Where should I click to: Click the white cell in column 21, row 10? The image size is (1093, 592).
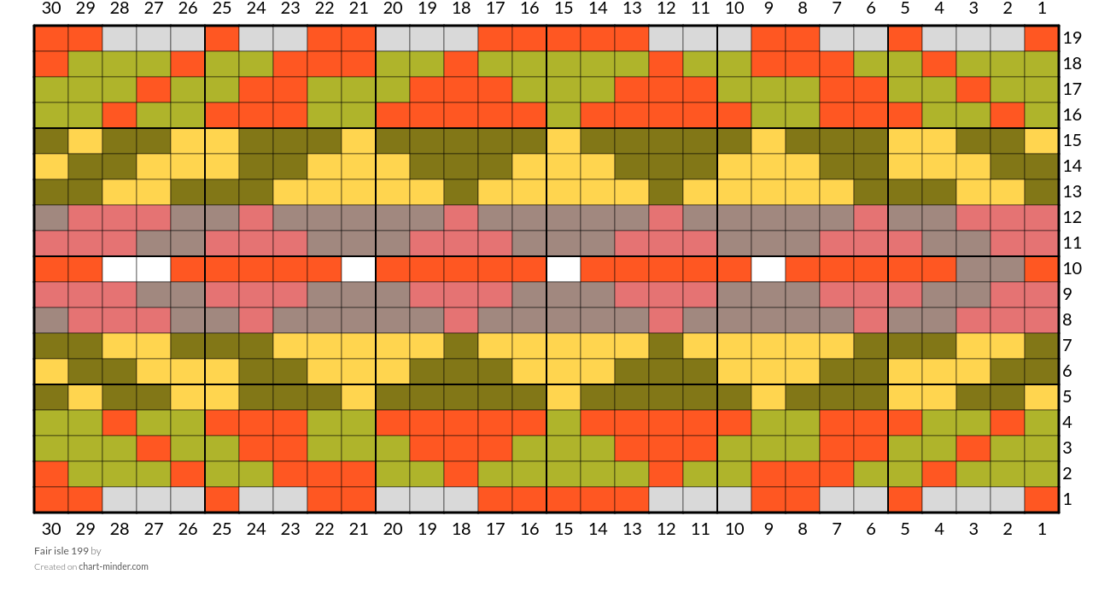click(x=359, y=269)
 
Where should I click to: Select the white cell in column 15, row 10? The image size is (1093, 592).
click(x=564, y=269)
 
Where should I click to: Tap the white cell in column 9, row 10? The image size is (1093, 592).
click(x=769, y=269)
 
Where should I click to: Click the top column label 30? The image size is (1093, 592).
click(x=51, y=9)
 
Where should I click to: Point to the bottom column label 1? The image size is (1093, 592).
click(x=1042, y=529)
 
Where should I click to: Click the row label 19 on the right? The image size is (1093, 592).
click(x=1072, y=38)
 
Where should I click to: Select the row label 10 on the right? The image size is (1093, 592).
click(x=1072, y=268)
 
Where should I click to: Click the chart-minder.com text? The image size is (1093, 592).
click(x=114, y=566)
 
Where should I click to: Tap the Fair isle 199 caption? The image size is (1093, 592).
click(x=61, y=551)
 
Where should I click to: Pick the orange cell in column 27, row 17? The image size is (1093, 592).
click(x=154, y=90)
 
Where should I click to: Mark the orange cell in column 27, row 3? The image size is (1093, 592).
click(x=154, y=448)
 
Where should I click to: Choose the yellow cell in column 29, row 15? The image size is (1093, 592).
click(x=85, y=141)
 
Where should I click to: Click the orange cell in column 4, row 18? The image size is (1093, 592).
click(x=939, y=64)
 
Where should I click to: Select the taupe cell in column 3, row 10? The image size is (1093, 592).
click(x=973, y=269)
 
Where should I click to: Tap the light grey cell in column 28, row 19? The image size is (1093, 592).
click(x=120, y=38)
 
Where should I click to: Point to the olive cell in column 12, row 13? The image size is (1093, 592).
click(x=666, y=192)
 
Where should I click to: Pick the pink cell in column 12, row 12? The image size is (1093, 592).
click(x=666, y=218)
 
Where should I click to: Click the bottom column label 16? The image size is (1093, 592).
click(x=529, y=529)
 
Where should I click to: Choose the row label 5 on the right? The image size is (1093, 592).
click(x=1067, y=396)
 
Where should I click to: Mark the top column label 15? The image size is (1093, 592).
click(x=564, y=9)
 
